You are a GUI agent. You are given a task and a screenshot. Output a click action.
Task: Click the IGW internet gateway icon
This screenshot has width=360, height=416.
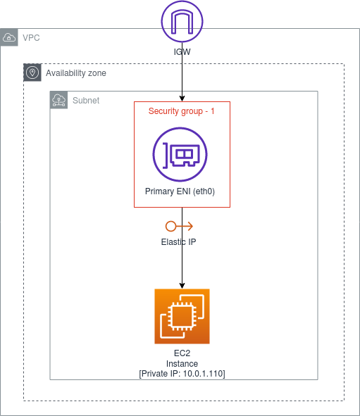click(x=182, y=22)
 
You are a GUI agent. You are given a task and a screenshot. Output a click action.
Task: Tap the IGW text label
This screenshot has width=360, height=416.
click(x=182, y=51)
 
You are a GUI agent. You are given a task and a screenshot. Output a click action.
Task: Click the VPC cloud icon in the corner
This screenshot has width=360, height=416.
click(x=9, y=37)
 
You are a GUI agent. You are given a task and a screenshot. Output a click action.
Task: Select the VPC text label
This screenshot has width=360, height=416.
click(x=31, y=37)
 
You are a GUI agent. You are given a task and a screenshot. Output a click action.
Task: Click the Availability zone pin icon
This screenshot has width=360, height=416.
click(x=32, y=73)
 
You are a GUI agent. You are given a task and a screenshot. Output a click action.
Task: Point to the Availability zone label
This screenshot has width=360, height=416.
click(x=76, y=73)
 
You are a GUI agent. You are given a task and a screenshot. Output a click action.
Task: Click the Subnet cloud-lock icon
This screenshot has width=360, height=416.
click(x=59, y=100)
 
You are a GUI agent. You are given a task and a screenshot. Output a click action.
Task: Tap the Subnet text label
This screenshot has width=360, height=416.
click(x=86, y=101)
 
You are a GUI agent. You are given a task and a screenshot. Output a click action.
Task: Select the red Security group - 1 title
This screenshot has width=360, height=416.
click(x=182, y=112)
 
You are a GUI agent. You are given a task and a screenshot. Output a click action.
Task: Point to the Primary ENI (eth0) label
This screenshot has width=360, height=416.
click(x=182, y=191)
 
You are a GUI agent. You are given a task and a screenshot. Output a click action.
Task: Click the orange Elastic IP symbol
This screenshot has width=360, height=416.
click(x=179, y=226)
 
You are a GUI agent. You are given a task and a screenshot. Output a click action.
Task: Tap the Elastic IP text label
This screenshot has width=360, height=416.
click(x=179, y=241)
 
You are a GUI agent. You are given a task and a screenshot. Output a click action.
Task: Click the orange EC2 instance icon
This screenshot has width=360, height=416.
click(x=182, y=315)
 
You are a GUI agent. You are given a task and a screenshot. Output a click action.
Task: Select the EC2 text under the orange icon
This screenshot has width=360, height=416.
click(x=182, y=353)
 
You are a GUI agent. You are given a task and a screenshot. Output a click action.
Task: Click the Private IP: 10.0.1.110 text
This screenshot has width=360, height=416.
click(x=182, y=373)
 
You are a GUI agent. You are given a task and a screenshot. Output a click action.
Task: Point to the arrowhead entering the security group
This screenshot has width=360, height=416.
click(x=182, y=98)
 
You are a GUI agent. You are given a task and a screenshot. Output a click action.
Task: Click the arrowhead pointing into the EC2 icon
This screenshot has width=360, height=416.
click(x=182, y=285)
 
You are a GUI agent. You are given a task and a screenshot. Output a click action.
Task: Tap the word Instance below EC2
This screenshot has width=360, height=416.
click(x=182, y=363)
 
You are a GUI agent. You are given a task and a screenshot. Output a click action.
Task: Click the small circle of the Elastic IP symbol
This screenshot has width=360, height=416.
click(x=170, y=226)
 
